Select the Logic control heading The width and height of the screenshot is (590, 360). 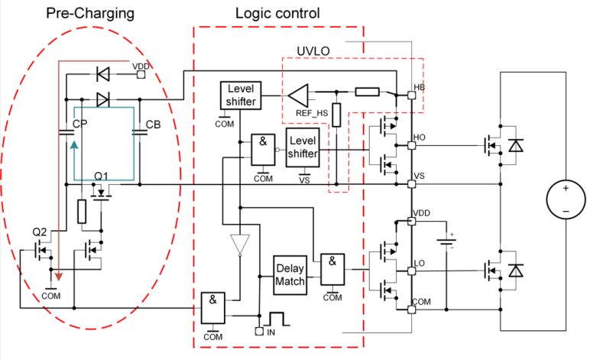pyautogui.click(x=277, y=14)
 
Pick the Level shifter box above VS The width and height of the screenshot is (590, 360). pyautogui.click(x=302, y=144)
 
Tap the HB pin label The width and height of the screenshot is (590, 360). pyautogui.click(x=419, y=87)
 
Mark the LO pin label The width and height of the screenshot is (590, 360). pyautogui.click(x=419, y=263)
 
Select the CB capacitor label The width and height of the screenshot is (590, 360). pyautogui.click(x=153, y=124)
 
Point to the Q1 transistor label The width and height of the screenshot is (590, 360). pyautogui.click(x=102, y=176)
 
